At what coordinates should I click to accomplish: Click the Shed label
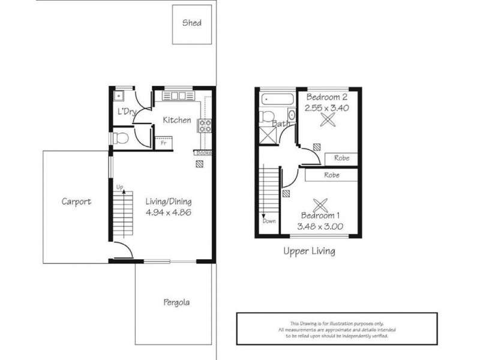[x=192, y=23]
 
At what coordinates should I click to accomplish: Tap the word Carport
[x=76, y=202]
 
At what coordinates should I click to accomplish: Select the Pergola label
[x=176, y=302]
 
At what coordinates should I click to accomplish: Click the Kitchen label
[x=177, y=120]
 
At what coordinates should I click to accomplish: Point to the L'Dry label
[x=125, y=112]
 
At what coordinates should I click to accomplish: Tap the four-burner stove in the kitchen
[x=205, y=126]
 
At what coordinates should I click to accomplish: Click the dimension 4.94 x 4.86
[x=168, y=212]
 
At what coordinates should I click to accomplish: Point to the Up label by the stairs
[x=119, y=188]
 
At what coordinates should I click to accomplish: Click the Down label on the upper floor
[x=269, y=221]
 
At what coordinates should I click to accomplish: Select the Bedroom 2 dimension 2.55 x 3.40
[x=328, y=108]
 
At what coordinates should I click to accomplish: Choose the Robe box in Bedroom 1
[x=331, y=175]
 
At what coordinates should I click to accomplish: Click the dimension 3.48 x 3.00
[x=319, y=226]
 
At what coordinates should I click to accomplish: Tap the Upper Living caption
[x=309, y=251]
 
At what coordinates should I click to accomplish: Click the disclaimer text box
[x=337, y=329]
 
